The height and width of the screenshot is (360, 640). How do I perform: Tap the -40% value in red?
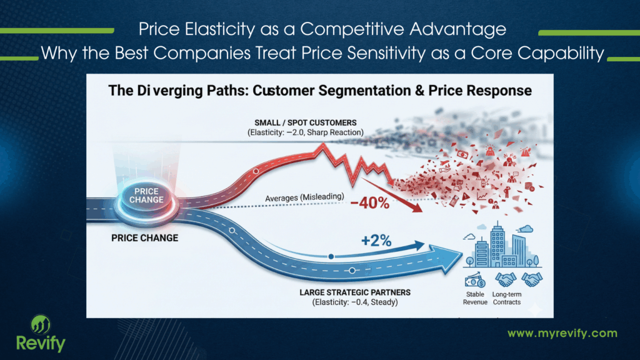370,204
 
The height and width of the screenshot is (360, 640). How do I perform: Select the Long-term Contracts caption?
507,298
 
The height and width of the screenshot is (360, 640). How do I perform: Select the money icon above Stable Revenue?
475,279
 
